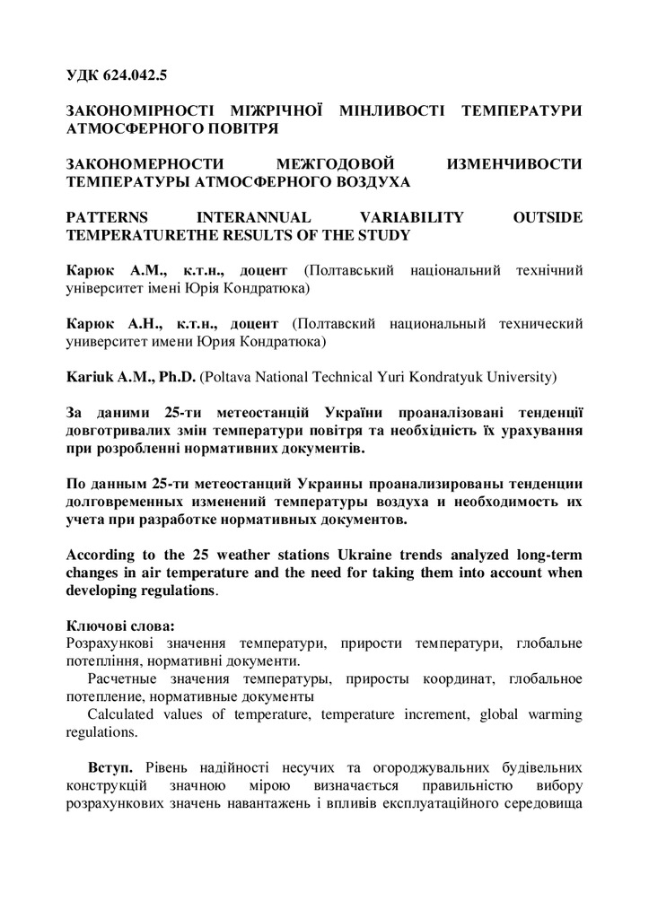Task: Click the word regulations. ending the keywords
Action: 102,731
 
